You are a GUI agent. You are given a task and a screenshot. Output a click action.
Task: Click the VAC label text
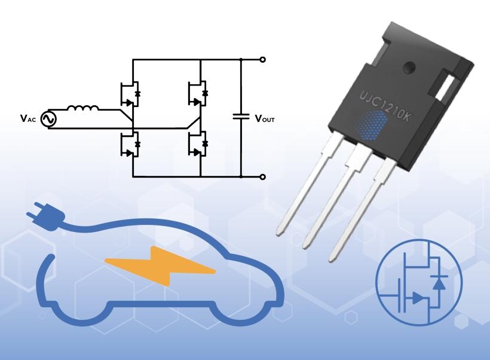27,118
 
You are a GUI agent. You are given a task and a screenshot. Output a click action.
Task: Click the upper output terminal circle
262,60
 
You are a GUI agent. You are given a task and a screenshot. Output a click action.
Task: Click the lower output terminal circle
262,177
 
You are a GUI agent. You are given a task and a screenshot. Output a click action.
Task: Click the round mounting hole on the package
408,67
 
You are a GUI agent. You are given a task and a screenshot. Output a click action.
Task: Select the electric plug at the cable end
36,211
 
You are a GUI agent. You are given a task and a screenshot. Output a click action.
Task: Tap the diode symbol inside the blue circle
439,282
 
